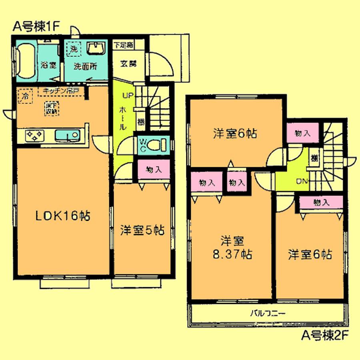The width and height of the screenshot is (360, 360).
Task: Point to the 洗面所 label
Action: (85, 66)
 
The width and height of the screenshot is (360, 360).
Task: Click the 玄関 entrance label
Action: (128, 63)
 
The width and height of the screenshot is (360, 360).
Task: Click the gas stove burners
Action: (34, 136)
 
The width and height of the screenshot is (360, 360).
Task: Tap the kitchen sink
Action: (67, 136)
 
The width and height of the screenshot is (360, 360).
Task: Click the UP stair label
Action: (128, 96)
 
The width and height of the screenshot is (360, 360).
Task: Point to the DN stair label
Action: (301, 182)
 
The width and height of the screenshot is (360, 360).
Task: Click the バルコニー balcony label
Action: (267, 314)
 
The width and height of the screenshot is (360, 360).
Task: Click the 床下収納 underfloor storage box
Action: (50, 108)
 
